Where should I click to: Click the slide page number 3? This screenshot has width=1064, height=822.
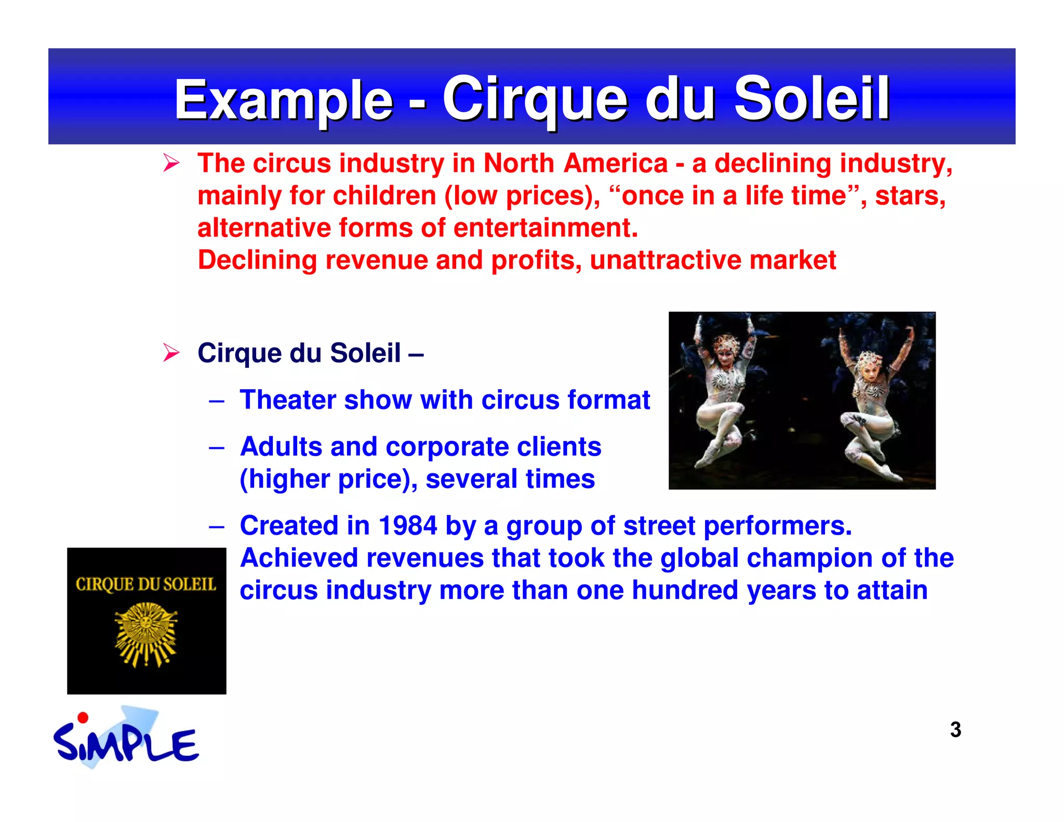[955, 730]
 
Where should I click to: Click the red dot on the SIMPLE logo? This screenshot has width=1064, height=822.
[83, 718]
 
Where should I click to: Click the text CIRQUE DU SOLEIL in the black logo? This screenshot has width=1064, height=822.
[146, 585]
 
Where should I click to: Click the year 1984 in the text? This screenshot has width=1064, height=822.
[408, 525]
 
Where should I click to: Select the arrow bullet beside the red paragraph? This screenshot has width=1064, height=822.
[171, 163]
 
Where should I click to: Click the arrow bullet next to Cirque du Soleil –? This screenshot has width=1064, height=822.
[171, 353]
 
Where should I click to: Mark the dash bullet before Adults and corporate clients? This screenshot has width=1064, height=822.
[217, 447]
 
